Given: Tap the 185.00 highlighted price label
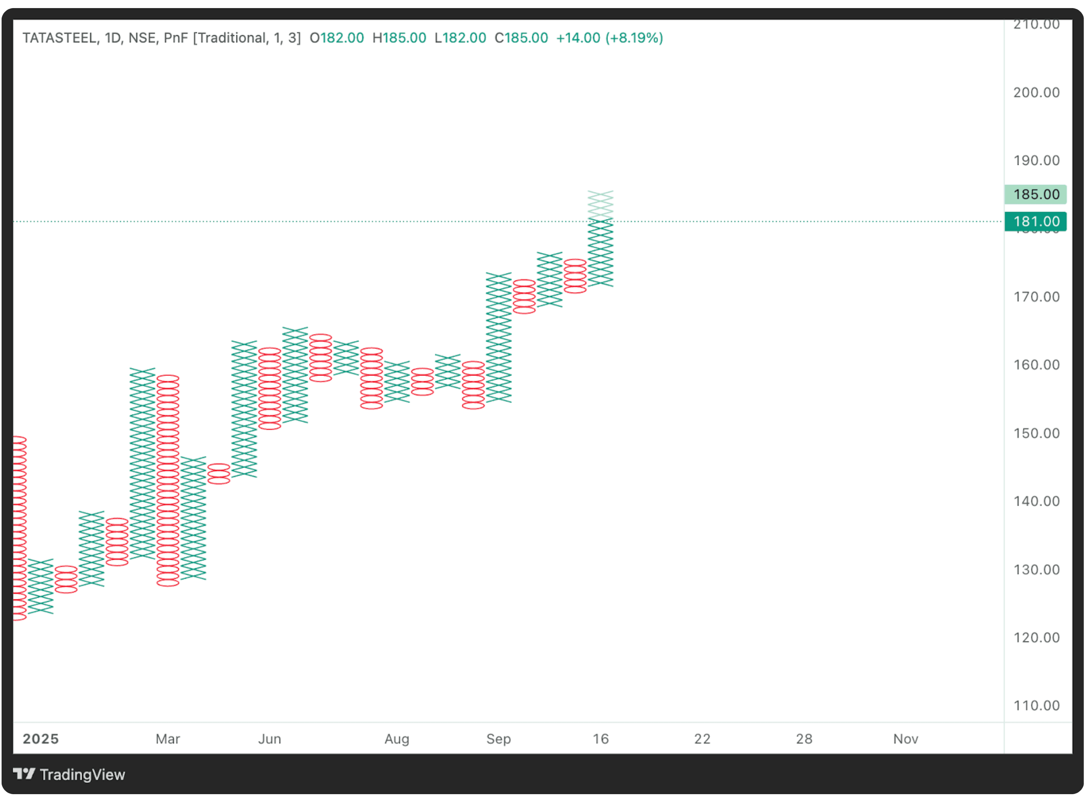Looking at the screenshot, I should click(1036, 194).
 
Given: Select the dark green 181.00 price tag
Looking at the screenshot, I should click(1036, 221).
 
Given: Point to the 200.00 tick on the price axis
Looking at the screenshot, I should click(1036, 93).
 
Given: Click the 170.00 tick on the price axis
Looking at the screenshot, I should click(1036, 297).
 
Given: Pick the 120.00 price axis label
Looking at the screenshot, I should click(1036, 637).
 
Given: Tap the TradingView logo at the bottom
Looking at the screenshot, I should click(69, 775).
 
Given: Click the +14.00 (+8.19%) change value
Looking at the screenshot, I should click(609, 38).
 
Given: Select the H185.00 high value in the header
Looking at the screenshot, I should click(399, 38).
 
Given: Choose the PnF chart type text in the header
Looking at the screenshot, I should click(175, 38).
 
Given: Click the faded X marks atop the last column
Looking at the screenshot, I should click(601, 204).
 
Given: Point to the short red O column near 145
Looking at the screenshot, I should click(219, 474).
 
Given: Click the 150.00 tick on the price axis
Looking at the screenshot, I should click(1036, 433).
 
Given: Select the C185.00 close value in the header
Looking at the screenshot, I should click(521, 38).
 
